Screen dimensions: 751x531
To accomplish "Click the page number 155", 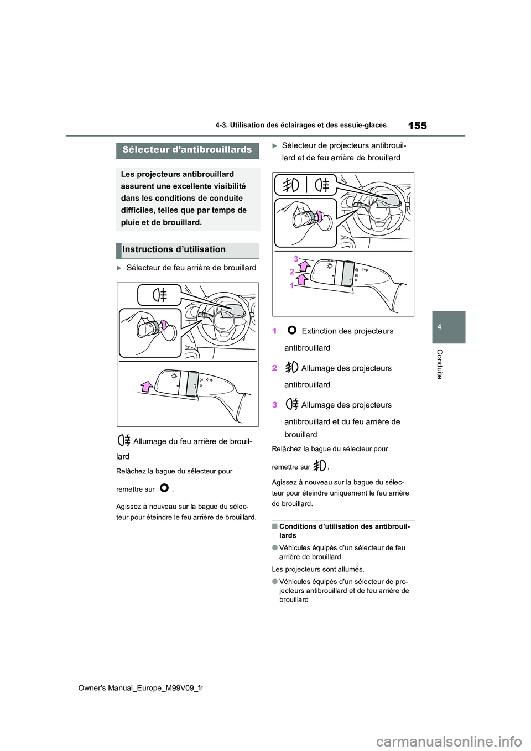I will (x=417, y=126).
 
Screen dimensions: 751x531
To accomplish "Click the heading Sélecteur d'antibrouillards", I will (x=187, y=150).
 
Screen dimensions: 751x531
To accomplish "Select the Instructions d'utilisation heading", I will (x=174, y=250).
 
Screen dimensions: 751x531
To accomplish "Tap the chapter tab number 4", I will (x=439, y=327).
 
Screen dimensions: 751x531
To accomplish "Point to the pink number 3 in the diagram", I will (x=296, y=259).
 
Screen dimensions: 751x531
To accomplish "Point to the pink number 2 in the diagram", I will (x=292, y=272).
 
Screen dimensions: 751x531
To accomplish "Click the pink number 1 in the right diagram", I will (x=292, y=285).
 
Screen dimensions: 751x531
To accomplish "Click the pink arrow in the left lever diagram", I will (x=147, y=386).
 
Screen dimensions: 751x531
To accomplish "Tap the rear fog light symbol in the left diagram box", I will (x=160, y=295).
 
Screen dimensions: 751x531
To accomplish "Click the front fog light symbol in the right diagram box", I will (x=291, y=184).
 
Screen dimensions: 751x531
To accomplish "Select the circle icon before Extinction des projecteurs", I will (x=292, y=331).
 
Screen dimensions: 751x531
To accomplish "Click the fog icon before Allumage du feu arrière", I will (x=124, y=441).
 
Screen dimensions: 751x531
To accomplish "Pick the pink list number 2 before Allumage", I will (x=275, y=368).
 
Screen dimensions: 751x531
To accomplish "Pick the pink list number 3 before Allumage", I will (x=275, y=405).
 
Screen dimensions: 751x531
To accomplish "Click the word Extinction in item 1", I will (x=320, y=331).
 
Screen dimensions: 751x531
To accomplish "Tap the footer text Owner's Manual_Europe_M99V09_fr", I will (x=140, y=688).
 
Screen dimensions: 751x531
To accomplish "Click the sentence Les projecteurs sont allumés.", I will (x=318, y=569).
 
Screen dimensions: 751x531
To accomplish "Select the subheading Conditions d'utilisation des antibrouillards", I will (x=344, y=530).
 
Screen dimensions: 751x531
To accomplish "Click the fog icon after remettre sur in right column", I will (x=320, y=466).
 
